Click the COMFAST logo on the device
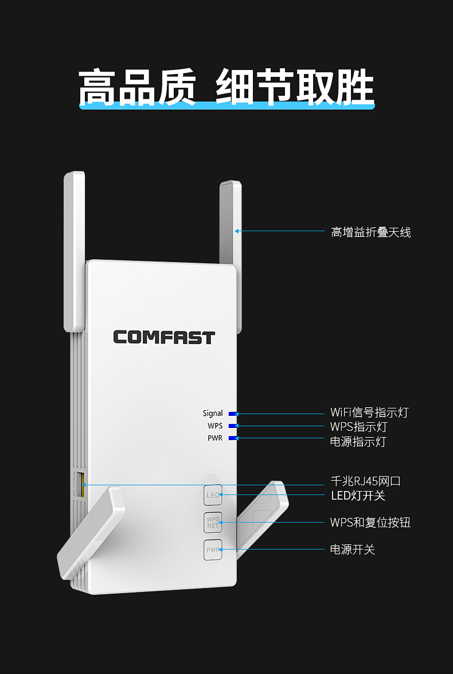tap(164, 337)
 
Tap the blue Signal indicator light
tap(233, 414)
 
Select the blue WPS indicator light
tap(233, 426)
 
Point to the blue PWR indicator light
tap(233, 438)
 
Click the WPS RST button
tap(213, 522)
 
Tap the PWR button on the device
tap(213, 550)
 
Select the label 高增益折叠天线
tap(371, 232)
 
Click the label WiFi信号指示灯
tap(369, 412)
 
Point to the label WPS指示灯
tap(358, 427)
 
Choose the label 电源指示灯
tap(358, 442)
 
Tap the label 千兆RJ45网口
tap(366, 481)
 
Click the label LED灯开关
tap(358, 496)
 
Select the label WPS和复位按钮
tap(370, 522)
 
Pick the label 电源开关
tap(353, 550)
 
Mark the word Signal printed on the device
tap(213, 414)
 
